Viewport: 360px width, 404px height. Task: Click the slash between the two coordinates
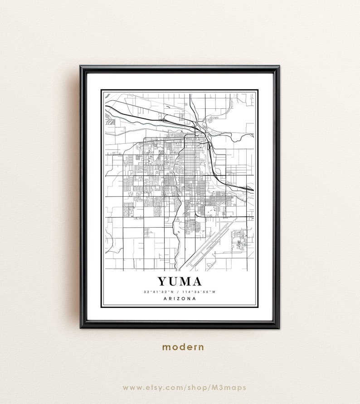click(x=180, y=292)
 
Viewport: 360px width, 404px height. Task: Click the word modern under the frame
click(x=183, y=347)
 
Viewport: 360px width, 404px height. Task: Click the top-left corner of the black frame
click(x=82, y=67)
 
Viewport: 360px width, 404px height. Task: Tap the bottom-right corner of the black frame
click(x=277, y=326)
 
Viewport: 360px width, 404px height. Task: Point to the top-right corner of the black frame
click(x=277, y=67)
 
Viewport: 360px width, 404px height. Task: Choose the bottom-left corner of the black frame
click(x=82, y=326)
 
